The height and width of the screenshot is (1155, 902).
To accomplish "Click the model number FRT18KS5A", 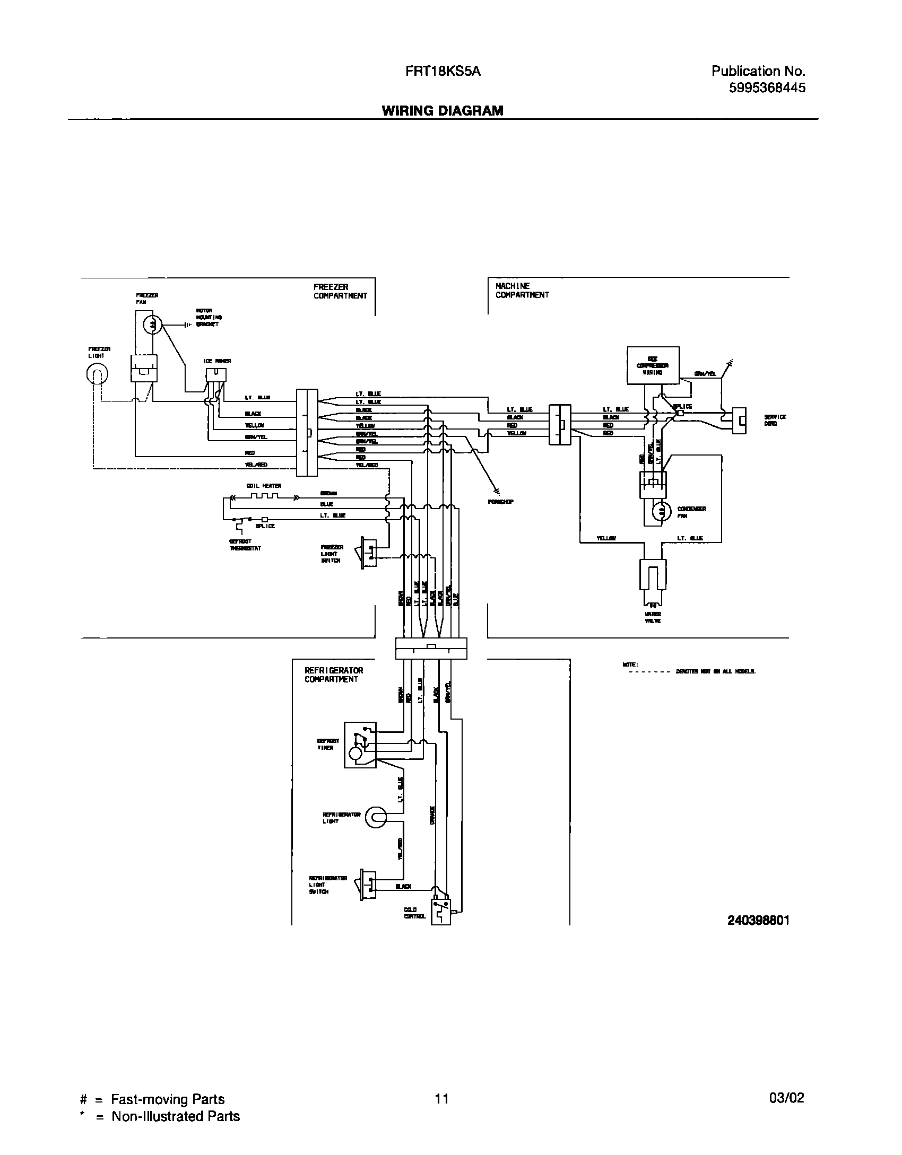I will click(439, 71).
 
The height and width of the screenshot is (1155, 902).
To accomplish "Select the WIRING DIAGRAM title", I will click(443, 110).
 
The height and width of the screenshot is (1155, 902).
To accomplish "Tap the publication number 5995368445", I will click(767, 87).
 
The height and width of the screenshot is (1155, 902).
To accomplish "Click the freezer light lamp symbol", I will click(97, 375).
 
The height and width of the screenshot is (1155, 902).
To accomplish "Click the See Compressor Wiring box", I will click(653, 365).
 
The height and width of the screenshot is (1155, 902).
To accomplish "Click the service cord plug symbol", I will click(739, 421).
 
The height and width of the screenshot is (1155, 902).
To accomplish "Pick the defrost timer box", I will click(360, 745).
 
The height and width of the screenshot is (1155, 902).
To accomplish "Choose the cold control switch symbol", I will click(440, 909).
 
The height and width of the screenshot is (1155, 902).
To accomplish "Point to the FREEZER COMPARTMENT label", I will click(340, 292).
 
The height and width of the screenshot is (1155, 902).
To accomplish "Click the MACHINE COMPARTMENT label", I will click(522, 291).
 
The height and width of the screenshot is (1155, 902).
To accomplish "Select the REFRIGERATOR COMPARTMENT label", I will click(334, 675).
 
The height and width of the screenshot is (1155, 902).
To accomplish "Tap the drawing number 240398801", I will click(758, 921).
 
